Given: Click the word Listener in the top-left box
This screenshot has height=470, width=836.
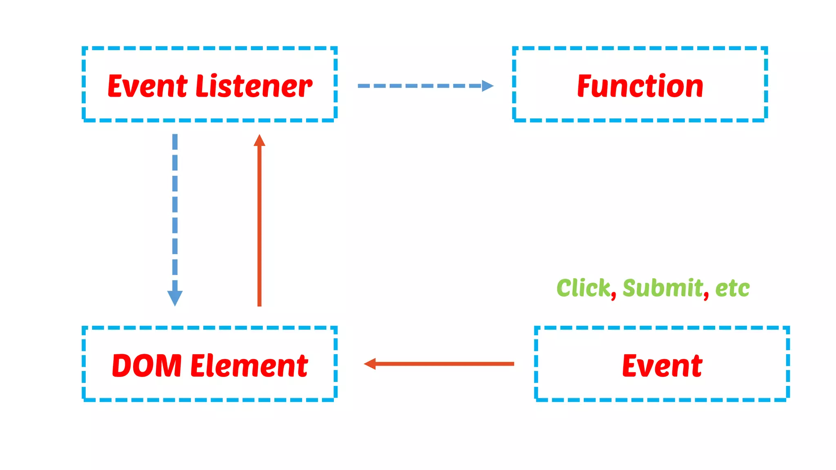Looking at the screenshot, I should click(254, 86).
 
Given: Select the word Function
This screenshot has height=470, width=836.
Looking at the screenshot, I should click(640, 86).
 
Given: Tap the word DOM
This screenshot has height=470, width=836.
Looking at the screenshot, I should click(147, 365).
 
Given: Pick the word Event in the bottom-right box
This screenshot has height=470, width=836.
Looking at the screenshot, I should click(662, 365).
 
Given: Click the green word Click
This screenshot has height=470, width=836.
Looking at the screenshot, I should click(583, 288).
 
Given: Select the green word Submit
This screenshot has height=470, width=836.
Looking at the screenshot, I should click(663, 288).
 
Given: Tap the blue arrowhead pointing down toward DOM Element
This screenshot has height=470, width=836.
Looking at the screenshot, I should click(175, 298).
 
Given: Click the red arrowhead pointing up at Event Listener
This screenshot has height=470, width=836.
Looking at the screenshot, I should click(259, 141).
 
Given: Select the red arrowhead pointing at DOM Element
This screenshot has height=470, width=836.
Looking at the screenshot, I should click(370, 364).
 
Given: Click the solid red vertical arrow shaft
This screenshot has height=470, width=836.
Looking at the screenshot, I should click(259, 224).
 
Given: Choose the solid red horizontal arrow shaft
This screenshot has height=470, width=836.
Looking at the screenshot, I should click(445, 364).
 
